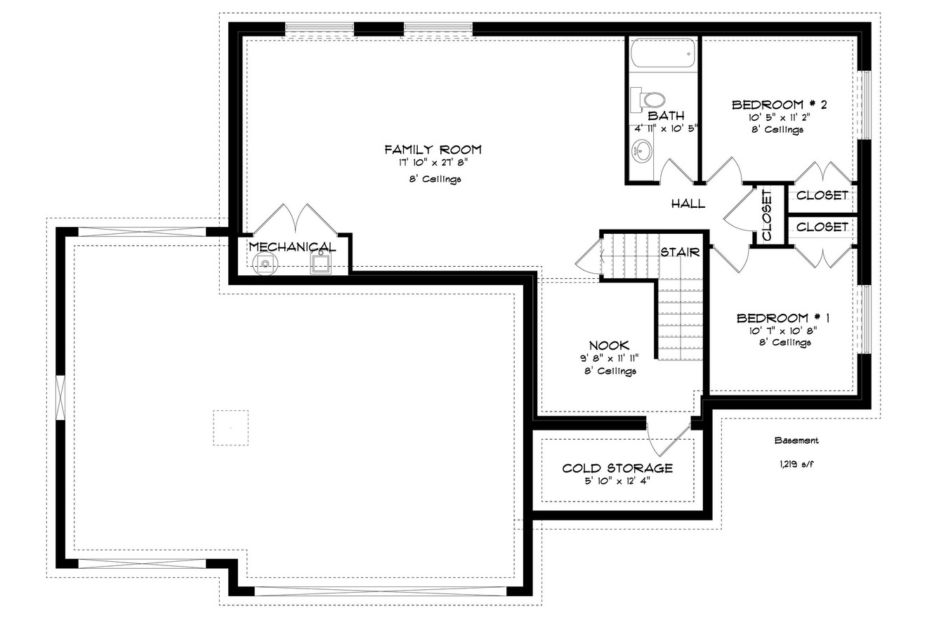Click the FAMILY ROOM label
tap(433, 149)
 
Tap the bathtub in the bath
tap(662, 53)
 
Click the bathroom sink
tap(642, 150)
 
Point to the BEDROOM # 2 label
tap(779, 105)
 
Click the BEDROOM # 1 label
tap(784, 318)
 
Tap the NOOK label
tap(609, 345)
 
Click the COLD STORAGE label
tap(617, 468)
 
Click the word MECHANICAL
tap(292, 247)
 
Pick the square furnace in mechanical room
tap(321, 264)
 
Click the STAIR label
tap(679, 252)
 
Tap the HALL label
tap(688, 204)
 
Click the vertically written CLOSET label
tap(766, 215)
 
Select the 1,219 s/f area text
tap(796, 464)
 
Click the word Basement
tap(796, 441)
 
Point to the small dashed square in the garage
tap(230, 427)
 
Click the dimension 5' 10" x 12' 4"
tap(617, 482)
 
